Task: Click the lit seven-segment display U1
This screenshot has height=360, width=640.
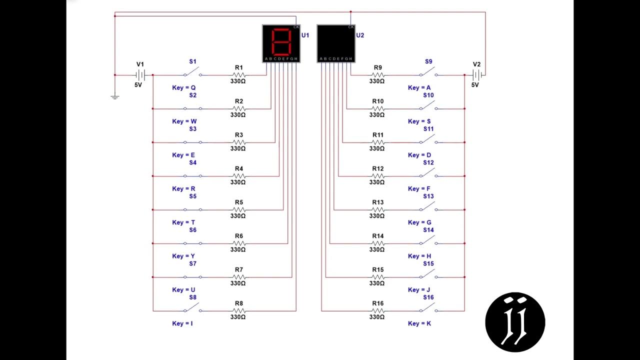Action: (x=281, y=43)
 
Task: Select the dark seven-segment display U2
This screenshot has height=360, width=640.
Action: (x=336, y=43)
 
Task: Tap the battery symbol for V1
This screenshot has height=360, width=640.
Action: (x=140, y=75)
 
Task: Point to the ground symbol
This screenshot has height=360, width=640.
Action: (x=115, y=96)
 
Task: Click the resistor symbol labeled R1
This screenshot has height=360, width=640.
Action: (x=239, y=75)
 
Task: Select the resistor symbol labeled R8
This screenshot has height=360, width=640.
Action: (x=239, y=310)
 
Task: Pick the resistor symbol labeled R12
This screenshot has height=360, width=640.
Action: (x=378, y=176)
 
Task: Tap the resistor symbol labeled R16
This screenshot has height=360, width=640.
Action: (x=378, y=310)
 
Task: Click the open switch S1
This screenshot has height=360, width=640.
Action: (x=192, y=73)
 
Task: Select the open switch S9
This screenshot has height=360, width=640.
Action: (x=428, y=73)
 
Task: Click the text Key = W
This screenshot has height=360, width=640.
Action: (x=184, y=121)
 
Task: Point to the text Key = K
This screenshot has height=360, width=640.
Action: (x=419, y=323)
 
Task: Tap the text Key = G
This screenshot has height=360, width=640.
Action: (x=419, y=222)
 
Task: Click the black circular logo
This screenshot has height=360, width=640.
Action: (x=515, y=322)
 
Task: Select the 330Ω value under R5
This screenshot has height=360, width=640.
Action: (x=238, y=216)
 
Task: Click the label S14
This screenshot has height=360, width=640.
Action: (x=428, y=230)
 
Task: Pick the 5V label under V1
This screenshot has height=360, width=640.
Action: (x=138, y=85)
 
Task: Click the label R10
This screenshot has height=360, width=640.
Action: (x=378, y=101)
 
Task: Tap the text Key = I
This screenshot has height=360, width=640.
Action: (x=182, y=323)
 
